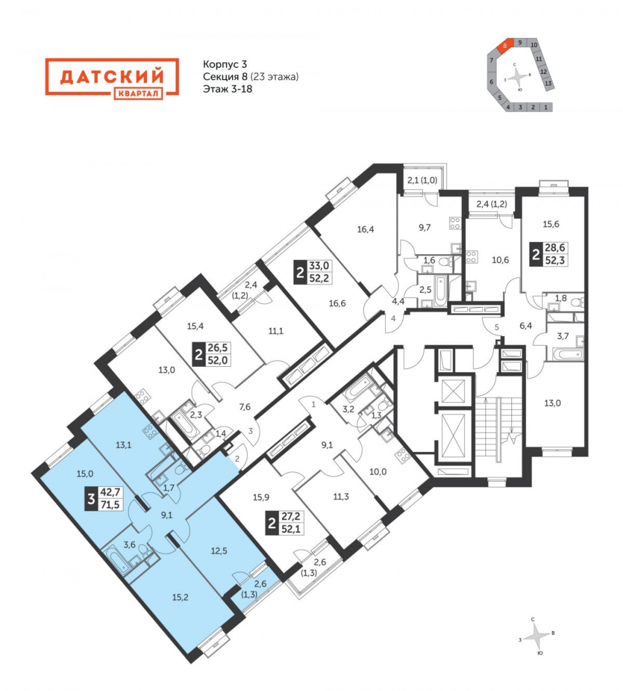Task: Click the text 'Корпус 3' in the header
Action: click(225, 64)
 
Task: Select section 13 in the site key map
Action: click(548, 83)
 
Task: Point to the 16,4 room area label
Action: click(366, 229)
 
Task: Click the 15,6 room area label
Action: click(550, 224)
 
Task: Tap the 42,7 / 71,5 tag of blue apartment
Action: click(105, 499)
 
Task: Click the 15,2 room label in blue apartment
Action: click(180, 598)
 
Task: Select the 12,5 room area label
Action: click(219, 551)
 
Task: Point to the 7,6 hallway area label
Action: click(245, 407)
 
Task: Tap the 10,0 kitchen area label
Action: click(378, 472)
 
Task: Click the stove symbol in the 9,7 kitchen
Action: click(455, 223)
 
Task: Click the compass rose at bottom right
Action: click(537, 637)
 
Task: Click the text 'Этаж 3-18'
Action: click(228, 89)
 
